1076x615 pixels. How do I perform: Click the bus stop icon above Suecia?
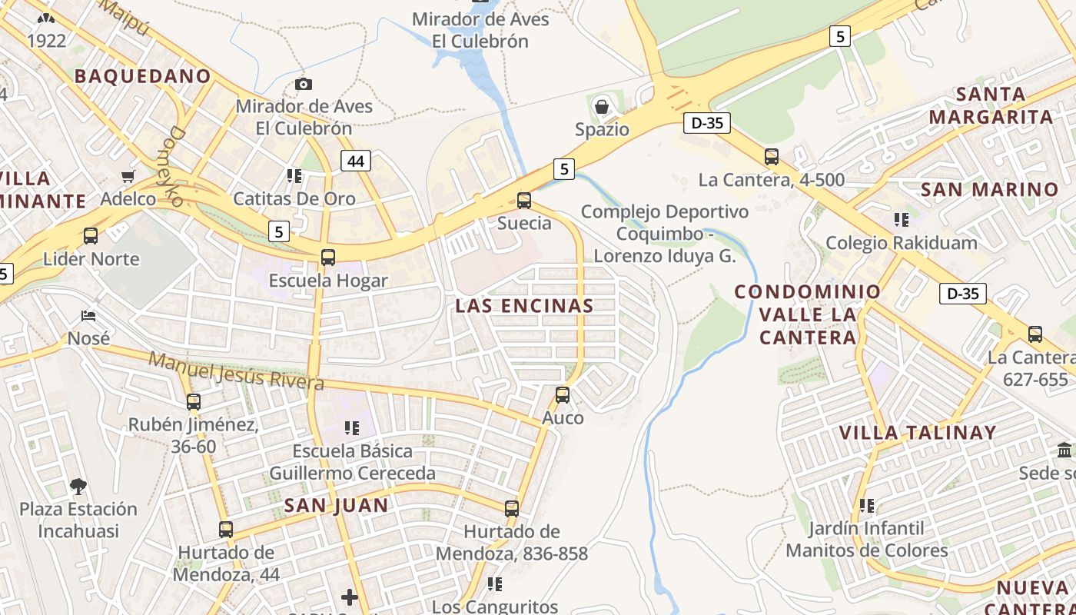point(524,201)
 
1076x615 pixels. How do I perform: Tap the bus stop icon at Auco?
point(563,395)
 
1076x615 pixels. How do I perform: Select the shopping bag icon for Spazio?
point(602,107)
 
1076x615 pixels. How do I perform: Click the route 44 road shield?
point(355,161)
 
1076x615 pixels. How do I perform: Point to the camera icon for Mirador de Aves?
point(304,84)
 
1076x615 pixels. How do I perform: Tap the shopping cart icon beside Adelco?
point(128,177)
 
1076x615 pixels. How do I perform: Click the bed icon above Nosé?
point(88,316)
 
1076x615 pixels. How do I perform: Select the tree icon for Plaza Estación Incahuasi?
point(78,486)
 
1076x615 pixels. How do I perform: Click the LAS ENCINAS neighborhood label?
point(524,306)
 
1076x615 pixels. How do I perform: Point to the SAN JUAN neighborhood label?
point(337,505)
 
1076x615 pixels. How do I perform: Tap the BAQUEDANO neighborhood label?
point(142,76)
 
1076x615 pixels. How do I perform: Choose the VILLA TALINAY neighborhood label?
point(918,433)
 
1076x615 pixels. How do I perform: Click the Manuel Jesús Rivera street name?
point(237,370)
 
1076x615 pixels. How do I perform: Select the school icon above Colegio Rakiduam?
point(902,220)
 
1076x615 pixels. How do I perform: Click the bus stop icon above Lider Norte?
point(91,236)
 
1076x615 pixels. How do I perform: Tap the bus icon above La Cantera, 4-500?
point(772,157)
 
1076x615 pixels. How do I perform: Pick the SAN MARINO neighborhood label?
point(989,190)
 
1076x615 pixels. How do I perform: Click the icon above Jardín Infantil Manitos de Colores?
point(867,506)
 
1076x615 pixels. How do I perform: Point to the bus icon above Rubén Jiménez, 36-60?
point(194,401)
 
